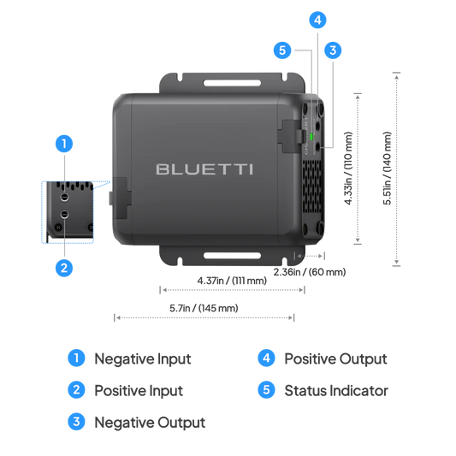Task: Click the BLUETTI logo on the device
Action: (204, 169)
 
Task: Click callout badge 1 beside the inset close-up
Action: (63, 143)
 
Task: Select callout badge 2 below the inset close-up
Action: (63, 267)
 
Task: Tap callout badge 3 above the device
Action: (332, 50)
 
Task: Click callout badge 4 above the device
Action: (317, 19)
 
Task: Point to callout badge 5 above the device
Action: (284, 50)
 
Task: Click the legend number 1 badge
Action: (76, 358)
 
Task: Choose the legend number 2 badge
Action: (76, 390)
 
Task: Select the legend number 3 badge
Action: (76, 421)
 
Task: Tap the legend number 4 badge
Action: (266, 358)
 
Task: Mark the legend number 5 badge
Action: (266, 390)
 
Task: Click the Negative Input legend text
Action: (142, 358)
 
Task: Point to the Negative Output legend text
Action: (149, 421)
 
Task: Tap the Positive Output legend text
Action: (335, 358)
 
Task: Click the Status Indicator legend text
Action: (336, 390)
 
